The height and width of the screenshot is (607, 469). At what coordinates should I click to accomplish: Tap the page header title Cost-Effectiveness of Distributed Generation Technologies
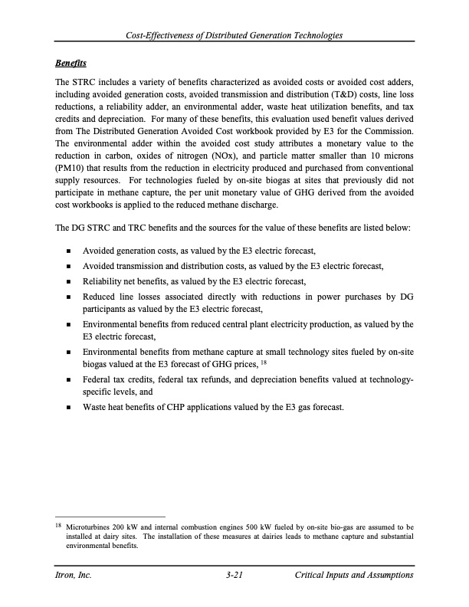(x=235, y=36)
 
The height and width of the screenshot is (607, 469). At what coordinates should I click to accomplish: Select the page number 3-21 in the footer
(x=235, y=575)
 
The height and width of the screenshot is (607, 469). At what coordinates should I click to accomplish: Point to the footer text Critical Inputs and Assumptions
(x=354, y=575)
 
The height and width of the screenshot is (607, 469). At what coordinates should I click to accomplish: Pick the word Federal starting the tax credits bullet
(x=98, y=379)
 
